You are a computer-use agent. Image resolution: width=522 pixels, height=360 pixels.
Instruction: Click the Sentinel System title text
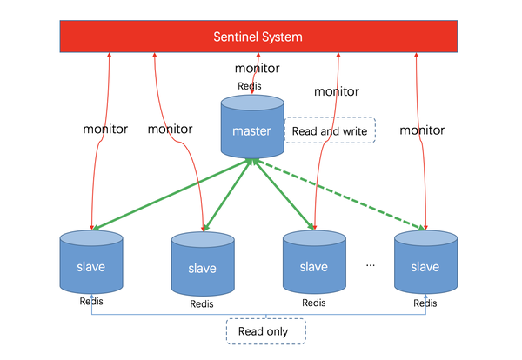[259, 37]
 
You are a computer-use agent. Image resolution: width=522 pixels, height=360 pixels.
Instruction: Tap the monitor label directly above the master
[258, 68]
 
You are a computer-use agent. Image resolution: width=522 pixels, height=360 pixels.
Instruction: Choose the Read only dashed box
[266, 330]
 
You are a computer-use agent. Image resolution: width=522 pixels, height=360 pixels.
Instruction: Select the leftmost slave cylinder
[91, 264]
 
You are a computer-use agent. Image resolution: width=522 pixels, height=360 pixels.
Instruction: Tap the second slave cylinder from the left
[202, 267]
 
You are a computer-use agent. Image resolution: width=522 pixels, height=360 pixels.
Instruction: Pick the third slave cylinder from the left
[314, 265]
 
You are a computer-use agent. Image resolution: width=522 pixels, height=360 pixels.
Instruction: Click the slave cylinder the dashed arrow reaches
[425, 264]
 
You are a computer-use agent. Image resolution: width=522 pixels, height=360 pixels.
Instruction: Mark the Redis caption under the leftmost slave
[91, 302]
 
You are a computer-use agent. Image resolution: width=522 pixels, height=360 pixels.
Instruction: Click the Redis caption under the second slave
[202, 304]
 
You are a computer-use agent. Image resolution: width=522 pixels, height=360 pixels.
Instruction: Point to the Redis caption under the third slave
[314, 303]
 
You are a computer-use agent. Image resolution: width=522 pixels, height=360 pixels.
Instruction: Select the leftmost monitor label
[105, 130]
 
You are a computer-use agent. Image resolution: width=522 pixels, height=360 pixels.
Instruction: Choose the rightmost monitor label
[423, 130]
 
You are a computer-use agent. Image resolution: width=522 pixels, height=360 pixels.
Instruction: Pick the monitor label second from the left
[171, 130]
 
